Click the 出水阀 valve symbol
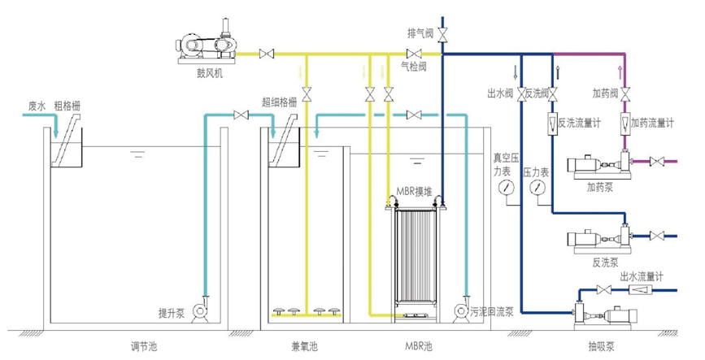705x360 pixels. [521, 94]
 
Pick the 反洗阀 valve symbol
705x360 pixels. [553, 94]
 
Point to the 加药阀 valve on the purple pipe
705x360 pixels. [624, 94]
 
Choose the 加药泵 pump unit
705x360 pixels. [601, 166]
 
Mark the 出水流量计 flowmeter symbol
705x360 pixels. [642, 290]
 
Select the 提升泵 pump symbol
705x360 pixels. [199, 310]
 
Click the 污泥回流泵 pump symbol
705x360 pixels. [460, 310]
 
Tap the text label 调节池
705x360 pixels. [144, 346]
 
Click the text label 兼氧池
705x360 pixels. [304, 346]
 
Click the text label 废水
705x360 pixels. [37, 106]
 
